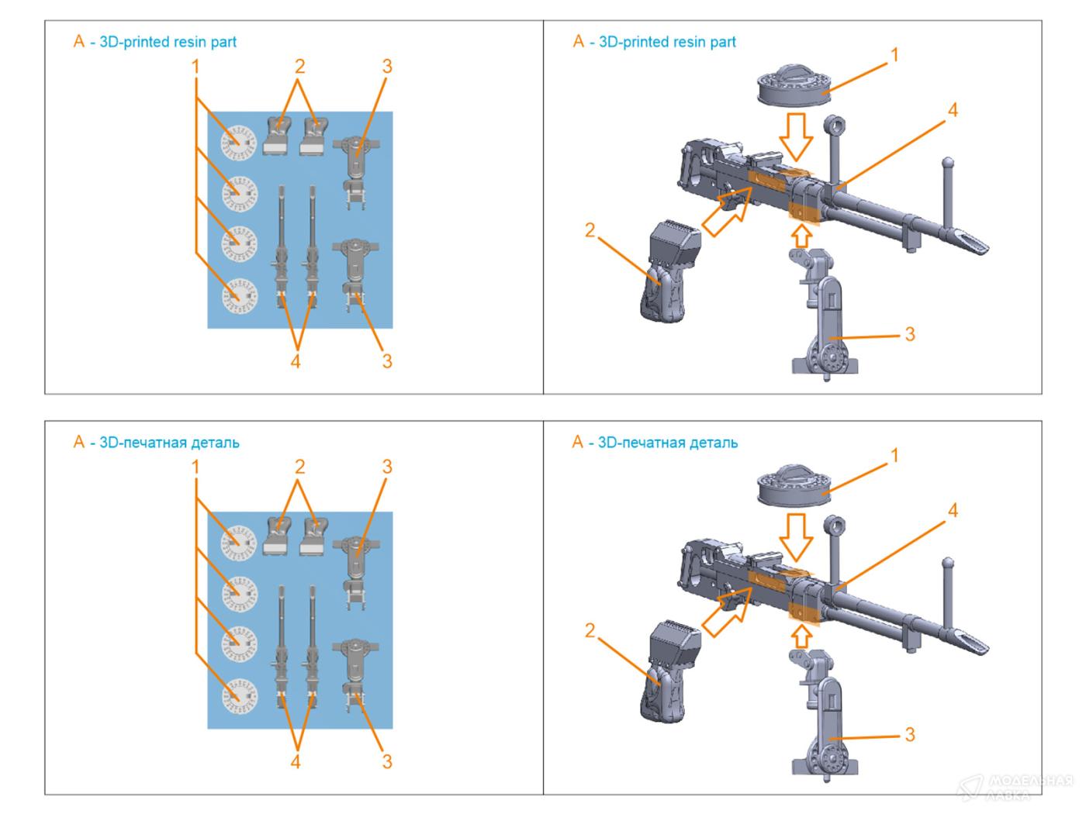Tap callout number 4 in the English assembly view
953,111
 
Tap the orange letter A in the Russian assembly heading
577,443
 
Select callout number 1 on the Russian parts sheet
195,467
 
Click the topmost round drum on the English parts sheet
239,140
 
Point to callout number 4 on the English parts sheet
295,361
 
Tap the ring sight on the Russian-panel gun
835,527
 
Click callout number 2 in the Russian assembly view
590,630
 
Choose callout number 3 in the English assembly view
910,334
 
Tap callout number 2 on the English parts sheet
299,67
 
